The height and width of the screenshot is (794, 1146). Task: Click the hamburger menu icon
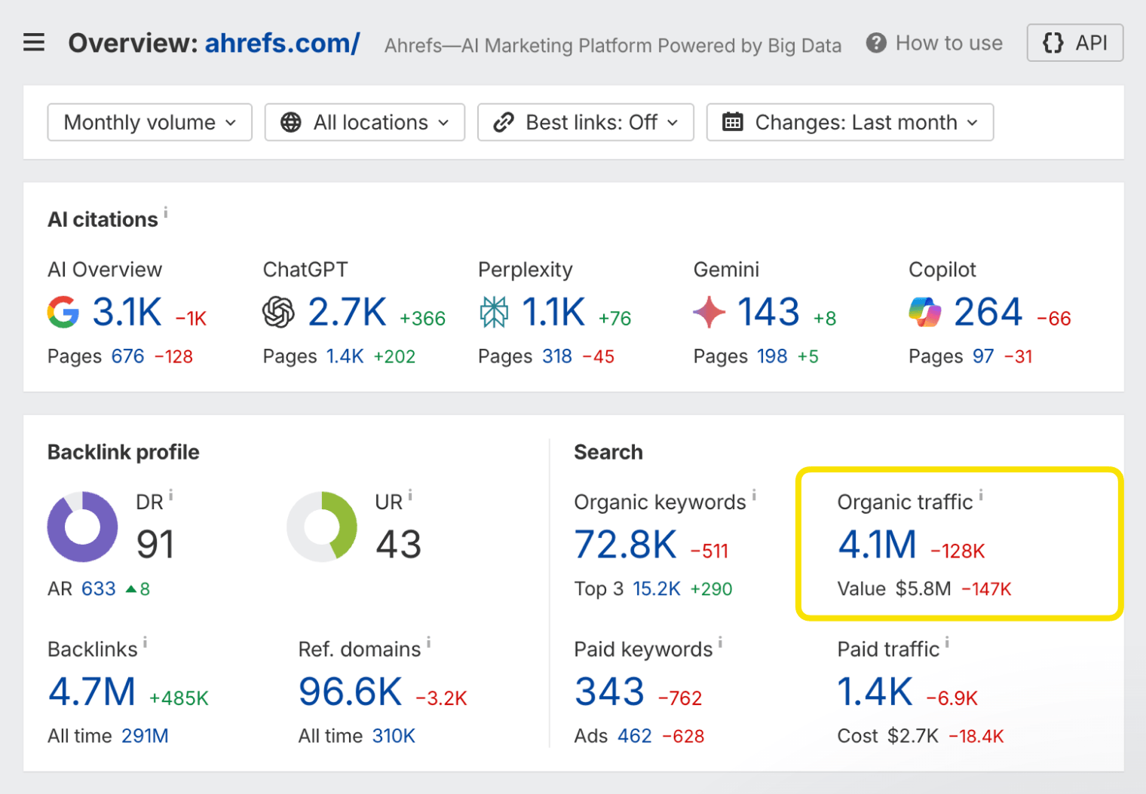(x=34, y=43)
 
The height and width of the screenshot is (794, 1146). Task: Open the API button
(x=1074, y=43)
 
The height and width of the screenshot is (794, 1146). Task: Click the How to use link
(x=934, y=43)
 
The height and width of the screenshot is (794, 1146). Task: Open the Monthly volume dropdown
(x=149, y=122)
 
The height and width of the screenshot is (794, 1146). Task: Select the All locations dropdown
(x=364, y=122)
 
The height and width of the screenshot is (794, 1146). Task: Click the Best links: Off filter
(x=585, y=122)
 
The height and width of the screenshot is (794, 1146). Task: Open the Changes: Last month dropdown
(x=849, y=122)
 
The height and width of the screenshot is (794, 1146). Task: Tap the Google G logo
(x=63, y=312)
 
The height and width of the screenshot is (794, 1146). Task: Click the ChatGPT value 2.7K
(x=347, y=312)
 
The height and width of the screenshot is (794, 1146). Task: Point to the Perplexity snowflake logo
(x=494, y=312)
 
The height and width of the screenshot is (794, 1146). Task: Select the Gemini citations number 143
(x=768, y=312)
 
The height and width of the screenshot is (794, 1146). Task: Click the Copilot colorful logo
(x=924, y=312)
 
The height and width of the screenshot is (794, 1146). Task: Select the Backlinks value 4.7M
(x=92, y=692)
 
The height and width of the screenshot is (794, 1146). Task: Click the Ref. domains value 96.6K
(x=350, y=692)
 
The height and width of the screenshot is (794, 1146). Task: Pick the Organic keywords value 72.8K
(x=625, y=545)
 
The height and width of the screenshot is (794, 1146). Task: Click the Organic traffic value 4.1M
(x=877, y=545)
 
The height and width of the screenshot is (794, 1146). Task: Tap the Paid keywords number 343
(x=609, y=692)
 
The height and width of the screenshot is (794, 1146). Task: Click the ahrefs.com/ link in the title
(x=282, y=43)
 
